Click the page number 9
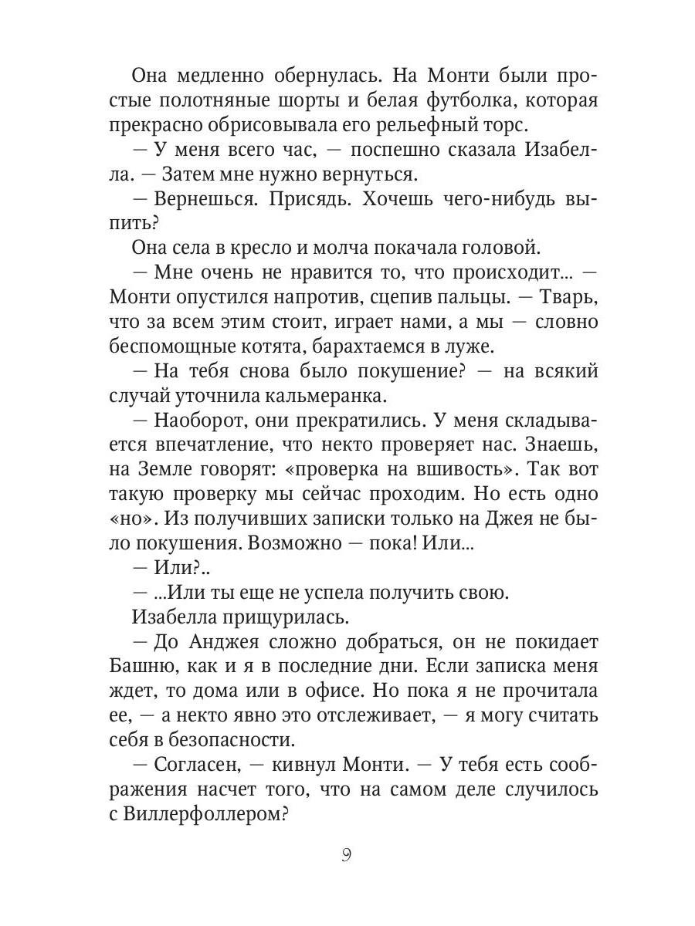pos(347,856)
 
